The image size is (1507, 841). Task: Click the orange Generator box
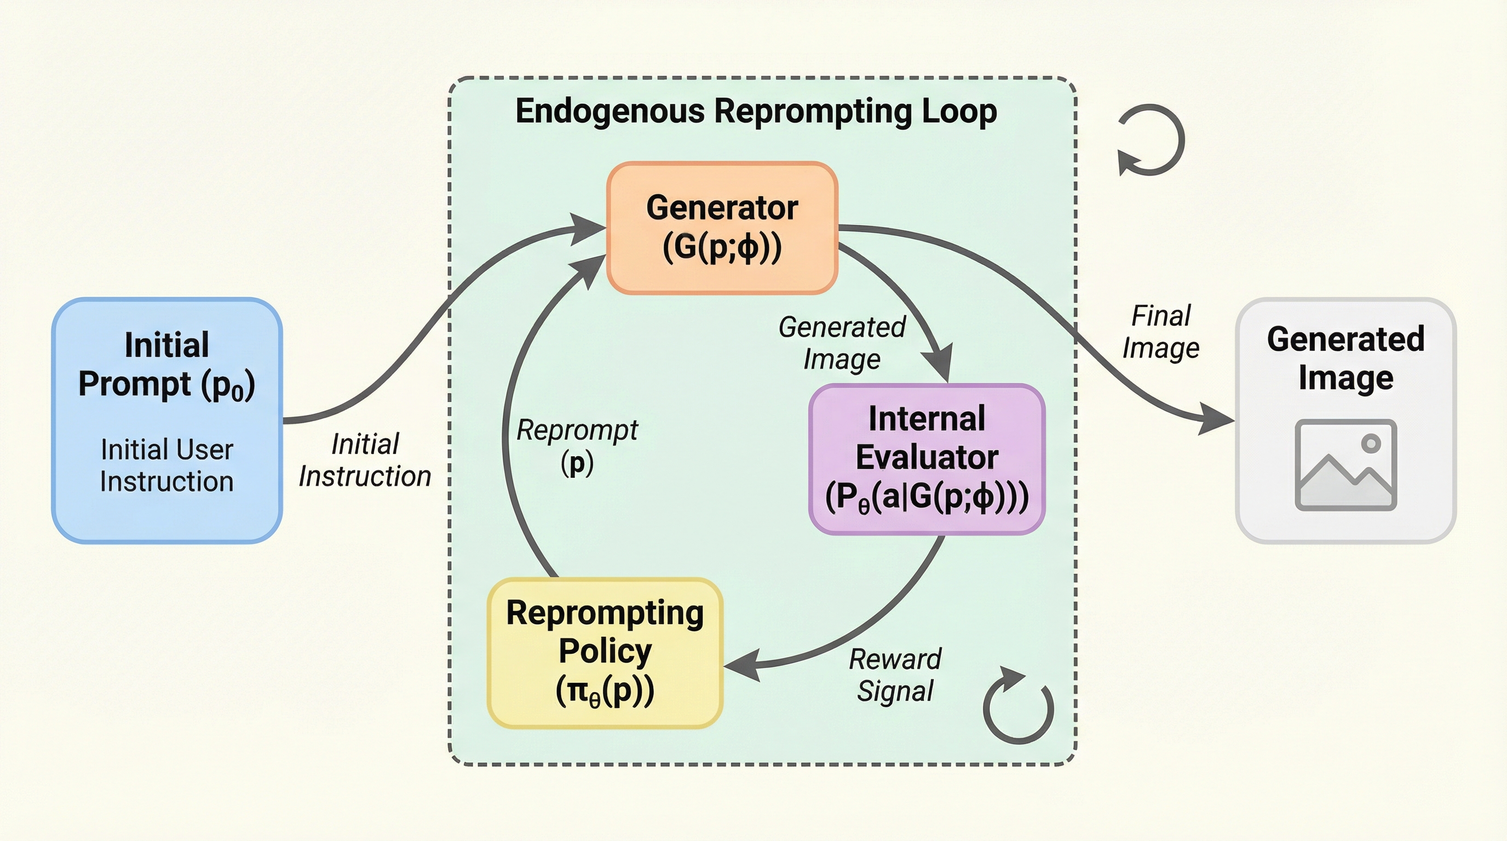point(722,228)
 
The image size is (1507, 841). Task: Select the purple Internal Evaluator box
point(927,459)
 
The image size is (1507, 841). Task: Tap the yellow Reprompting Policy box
point(605,653)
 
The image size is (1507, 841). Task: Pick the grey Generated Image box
point(1345,420)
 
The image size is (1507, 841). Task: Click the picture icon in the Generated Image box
point(1345,465)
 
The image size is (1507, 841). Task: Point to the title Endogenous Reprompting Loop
point(756,111)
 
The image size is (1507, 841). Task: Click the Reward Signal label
point(895,675)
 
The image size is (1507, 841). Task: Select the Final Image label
point(1161,332)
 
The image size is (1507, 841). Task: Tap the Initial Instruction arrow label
point(365,460)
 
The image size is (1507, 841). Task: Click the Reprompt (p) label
point(577,446)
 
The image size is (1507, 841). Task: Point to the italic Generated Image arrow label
point(842,343)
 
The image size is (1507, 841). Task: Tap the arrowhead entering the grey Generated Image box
point(1217,419)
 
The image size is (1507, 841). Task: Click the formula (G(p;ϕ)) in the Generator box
point(722,247)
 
